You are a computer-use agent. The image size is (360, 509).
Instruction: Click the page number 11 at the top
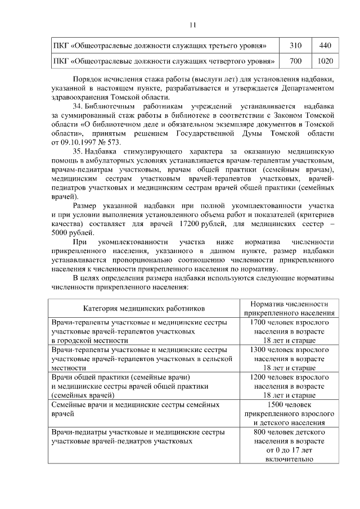(192, 24)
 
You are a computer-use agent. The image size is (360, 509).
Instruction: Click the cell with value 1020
(325, 60)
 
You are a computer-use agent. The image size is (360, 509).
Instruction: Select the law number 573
(112, 142)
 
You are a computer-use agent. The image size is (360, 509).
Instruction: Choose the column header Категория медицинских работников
(145, 309)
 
